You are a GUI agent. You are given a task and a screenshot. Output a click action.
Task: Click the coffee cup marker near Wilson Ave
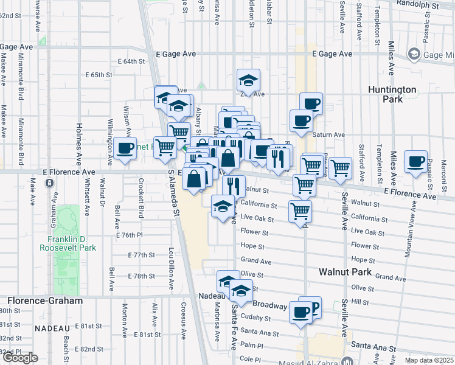(x=125, y=148)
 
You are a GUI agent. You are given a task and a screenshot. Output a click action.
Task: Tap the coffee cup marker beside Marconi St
(x=416, y=162)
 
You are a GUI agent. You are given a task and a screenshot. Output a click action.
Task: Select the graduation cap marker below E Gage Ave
(x=248, y=81)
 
